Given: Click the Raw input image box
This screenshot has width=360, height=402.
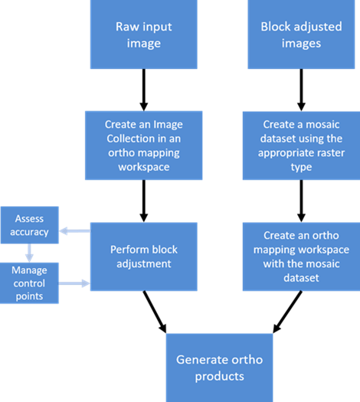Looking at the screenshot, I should (143, 35).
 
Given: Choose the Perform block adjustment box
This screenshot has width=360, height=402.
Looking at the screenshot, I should (143, 257).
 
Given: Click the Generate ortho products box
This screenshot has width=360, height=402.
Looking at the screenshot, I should (219, 368).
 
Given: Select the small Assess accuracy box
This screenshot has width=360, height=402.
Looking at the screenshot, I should (29, 225).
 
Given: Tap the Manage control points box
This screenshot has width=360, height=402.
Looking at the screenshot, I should (29, 283).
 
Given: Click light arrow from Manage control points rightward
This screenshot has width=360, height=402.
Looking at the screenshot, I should (74, 283).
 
